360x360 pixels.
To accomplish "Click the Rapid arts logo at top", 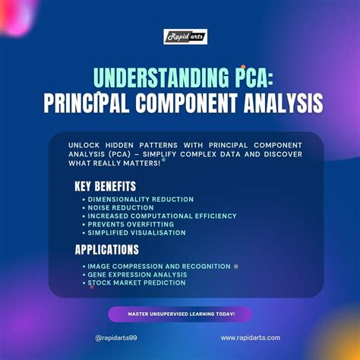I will click(x=185, y=36).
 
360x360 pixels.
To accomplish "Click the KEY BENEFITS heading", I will click(x=105, y=185).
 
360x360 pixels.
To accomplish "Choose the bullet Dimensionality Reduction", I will click(x=141, y=199).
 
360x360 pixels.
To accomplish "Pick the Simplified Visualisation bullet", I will click(x=137, y=232).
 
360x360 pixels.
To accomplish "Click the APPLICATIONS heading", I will click(x=106, y=249).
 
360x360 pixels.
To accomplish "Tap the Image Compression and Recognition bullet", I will click(x=159, y=266).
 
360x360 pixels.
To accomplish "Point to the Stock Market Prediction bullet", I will click(x=137, y=283).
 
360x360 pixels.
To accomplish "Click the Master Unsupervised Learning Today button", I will click(x=179, y=314).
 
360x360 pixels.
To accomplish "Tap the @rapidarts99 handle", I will click(x=116, y=338).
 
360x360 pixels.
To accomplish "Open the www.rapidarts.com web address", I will click(x=251, y=338).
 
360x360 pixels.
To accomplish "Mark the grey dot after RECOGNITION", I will click(x=236, y=267).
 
